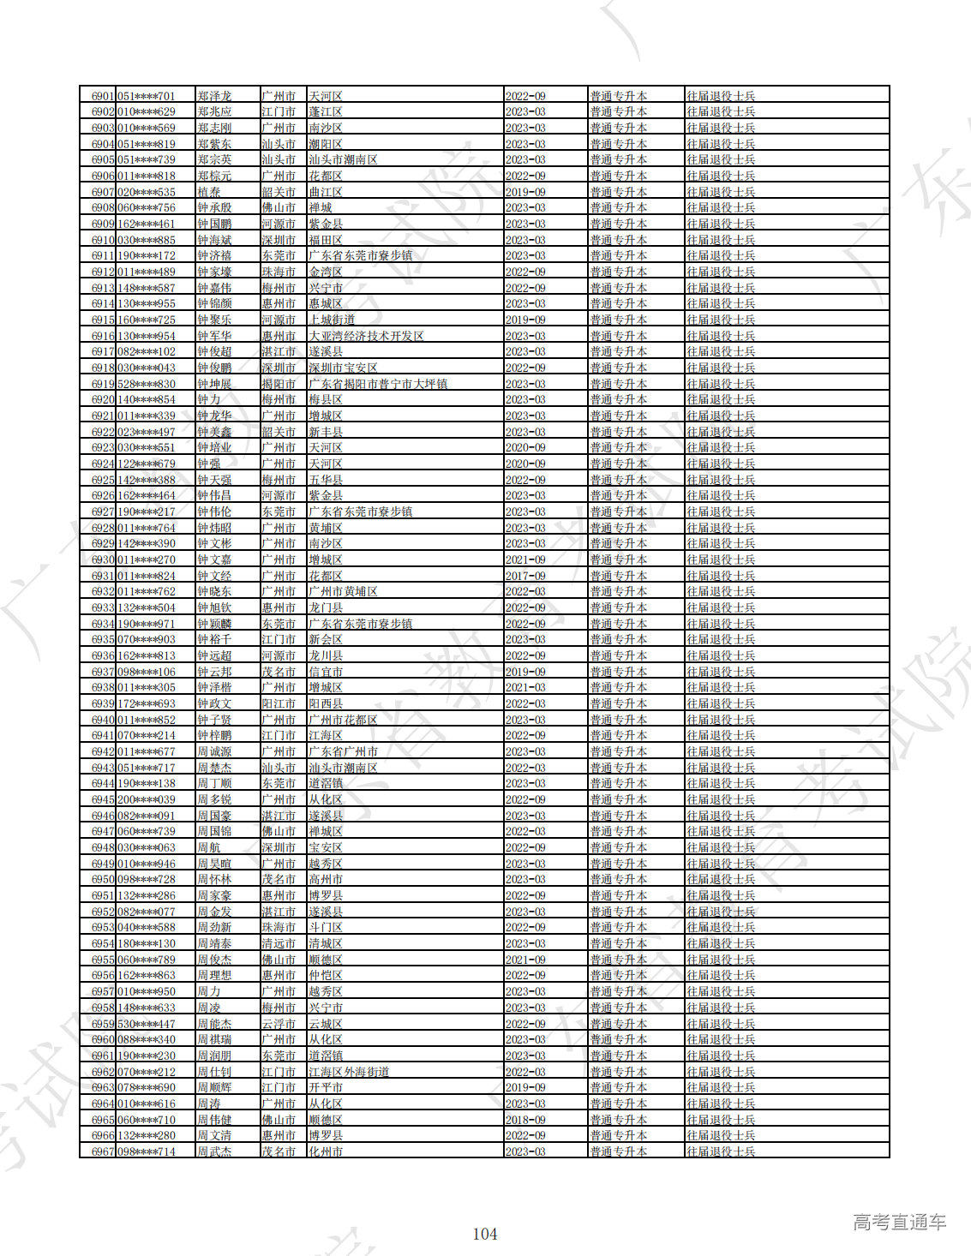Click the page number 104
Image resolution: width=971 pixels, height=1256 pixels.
pos(485,1234)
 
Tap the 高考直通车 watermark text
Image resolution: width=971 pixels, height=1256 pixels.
pos(899,1223)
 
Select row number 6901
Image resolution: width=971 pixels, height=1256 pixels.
pos(103,96)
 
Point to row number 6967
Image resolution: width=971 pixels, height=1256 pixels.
pos(103,1151)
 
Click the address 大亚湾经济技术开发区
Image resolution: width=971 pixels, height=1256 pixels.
pos(366,336)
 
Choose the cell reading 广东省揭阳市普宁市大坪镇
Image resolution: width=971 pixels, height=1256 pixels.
pos(378,384)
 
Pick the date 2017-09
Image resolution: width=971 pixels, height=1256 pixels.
pos(525,576)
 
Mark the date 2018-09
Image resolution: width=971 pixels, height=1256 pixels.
pos(525,1120)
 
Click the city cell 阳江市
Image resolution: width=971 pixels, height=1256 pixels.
pos(279,703)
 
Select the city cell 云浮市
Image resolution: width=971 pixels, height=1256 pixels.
pos(279,1024)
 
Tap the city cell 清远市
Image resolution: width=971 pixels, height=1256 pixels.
pos(279,943)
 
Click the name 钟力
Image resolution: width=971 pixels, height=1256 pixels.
pos(209,399)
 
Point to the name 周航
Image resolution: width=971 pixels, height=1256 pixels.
pos(209,847)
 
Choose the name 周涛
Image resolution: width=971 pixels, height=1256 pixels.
pos(209,1103)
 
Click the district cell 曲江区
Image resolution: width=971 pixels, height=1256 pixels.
pos(326,192)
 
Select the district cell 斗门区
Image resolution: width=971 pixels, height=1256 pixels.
pos(326,927)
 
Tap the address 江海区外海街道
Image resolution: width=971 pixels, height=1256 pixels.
pos(349,1072)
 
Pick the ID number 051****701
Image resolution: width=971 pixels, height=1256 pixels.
pos(146,96)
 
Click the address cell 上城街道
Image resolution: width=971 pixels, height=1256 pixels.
pos(332,320)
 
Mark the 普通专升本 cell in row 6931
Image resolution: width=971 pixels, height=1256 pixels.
pos(618,576)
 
